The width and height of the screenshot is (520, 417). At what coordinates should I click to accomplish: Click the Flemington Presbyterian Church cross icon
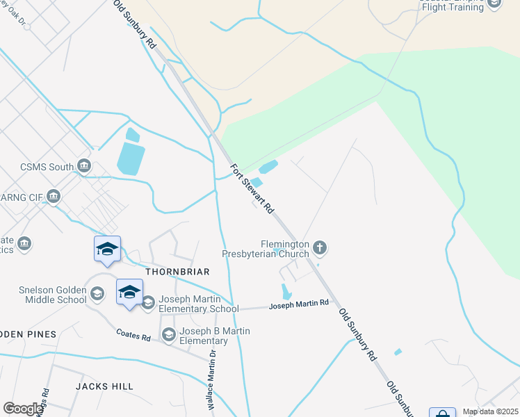[320, 247]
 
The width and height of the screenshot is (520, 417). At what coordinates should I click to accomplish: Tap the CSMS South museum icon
[84, 166]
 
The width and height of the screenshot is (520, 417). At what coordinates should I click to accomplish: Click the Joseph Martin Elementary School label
[199, 304]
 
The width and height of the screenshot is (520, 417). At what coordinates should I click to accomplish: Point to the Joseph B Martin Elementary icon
[168, 336]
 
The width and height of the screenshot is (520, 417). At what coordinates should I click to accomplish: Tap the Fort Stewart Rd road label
[252, 187]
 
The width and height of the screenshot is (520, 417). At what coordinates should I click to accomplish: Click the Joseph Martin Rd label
[298, 304]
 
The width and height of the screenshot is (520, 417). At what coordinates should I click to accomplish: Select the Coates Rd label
[133, 336]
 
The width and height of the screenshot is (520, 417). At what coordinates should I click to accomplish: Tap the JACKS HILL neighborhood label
[104, 386]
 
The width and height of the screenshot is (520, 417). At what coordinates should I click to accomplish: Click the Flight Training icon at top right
[494, 3]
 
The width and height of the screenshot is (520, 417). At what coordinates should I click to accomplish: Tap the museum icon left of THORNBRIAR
[25, 243]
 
